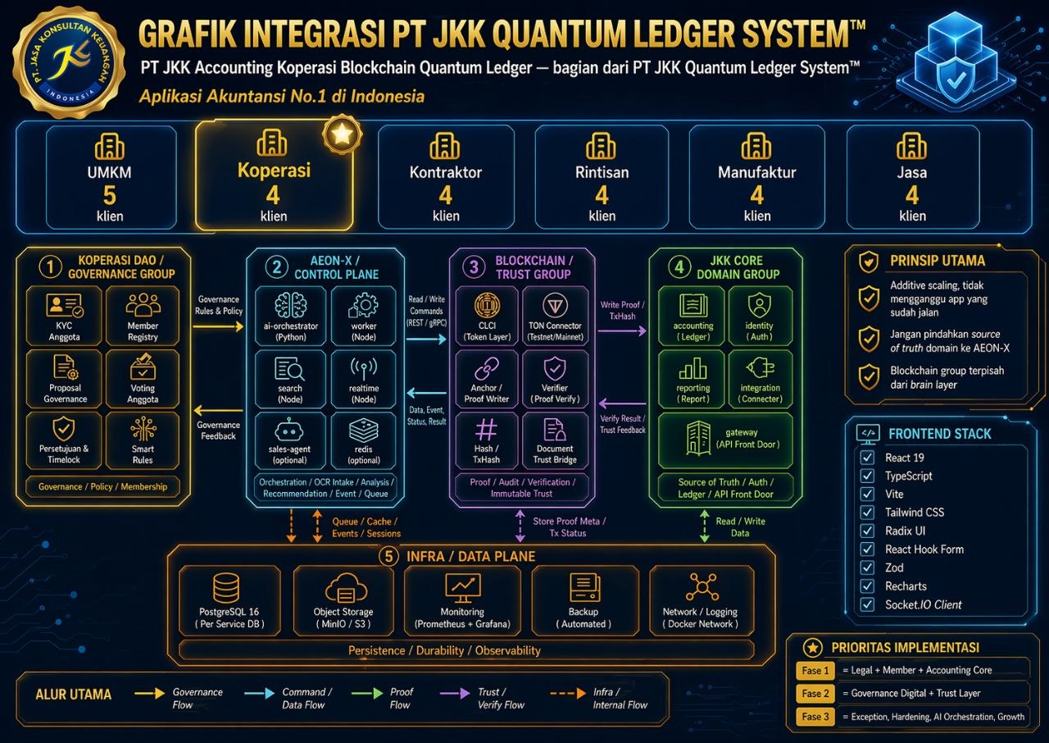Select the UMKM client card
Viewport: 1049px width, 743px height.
110,176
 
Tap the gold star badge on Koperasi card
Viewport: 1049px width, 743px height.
341,134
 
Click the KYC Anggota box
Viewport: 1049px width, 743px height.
65,315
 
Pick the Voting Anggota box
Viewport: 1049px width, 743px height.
143,378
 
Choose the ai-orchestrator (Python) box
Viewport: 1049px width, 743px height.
290,315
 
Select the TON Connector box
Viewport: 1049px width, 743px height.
555,316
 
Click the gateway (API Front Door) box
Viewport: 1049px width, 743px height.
725,438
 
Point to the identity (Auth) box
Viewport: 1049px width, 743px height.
760,315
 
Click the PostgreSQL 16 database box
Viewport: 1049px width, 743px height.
229,600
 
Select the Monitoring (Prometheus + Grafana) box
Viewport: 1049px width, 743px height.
462,600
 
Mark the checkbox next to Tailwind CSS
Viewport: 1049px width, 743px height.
867,513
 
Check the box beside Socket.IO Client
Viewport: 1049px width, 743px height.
867,605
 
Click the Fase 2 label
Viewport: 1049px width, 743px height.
816,694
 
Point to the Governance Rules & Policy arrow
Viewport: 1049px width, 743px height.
219,326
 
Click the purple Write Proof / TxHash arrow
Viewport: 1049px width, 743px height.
623,330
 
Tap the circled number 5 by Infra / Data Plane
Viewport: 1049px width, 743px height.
389,557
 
